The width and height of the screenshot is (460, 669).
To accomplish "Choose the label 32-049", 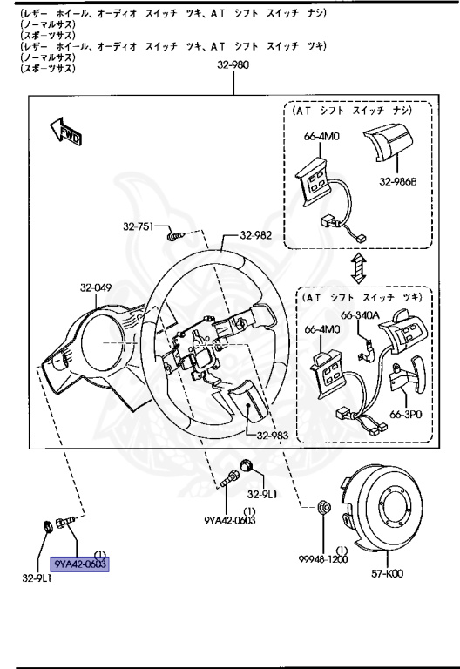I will pos(97,286).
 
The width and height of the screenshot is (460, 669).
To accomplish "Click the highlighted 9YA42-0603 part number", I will pos(80,564).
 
